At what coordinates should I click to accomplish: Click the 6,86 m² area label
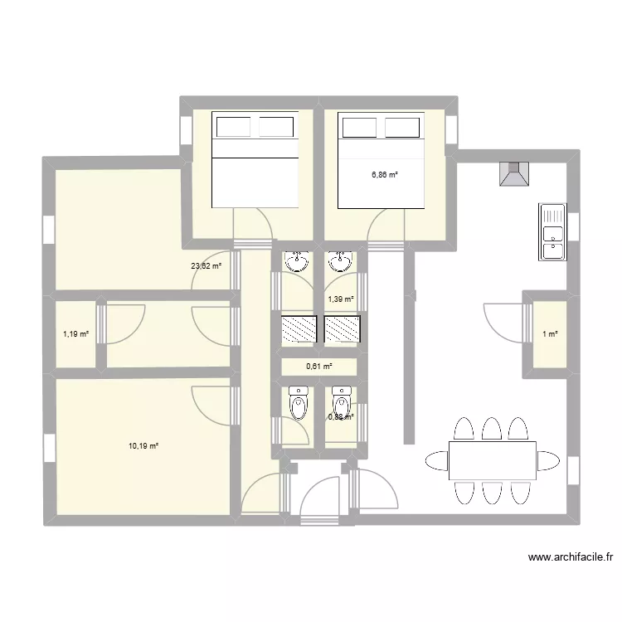coord(385,175)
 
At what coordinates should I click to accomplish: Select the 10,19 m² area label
coord(143,446)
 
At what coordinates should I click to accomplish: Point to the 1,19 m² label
coord(75,334)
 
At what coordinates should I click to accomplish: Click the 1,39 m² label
coord(341,299)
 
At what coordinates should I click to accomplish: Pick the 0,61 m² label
coord(319,366)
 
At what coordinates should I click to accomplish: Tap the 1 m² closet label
coord(550,334)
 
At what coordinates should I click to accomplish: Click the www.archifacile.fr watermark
coord(571,558)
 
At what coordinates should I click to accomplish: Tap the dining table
coord(492,460)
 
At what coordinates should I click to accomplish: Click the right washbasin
coord(338,262)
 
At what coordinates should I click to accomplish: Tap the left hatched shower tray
coord(299,329)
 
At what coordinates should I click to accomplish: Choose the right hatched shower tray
coord(342,329)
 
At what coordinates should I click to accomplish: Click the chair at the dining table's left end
coord(435,460)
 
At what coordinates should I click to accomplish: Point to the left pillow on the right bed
coord(359,127)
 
